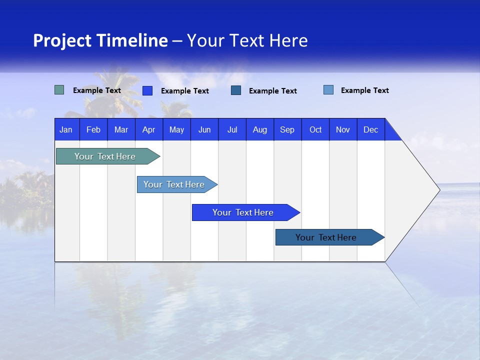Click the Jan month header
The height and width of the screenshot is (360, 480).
click(66, 129)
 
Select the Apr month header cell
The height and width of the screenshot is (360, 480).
click(148, 129)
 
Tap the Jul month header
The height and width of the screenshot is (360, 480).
click(232, 129)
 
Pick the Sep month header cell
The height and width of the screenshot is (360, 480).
click(287, 129)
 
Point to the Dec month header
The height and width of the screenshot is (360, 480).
click(370, 129)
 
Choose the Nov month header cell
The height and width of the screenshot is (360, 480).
click(343, 129)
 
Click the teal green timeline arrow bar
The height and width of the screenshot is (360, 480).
click(105, 156)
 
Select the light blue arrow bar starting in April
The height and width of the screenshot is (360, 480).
click(174, 184)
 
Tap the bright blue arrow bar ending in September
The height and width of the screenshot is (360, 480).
click(243, 212)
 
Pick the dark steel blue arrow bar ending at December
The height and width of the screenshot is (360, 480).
click(326, 237)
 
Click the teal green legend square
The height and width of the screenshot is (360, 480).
click(59, 90)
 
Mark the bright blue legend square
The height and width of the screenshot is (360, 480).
click(147, 90)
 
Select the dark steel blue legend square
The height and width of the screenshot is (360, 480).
click(236, 90)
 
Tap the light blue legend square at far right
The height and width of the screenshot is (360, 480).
click(328, 90)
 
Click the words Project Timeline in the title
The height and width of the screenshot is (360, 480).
click(100, 40)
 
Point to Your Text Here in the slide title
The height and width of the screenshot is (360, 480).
click(247, 40)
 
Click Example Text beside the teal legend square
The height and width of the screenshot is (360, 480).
click(97, 90)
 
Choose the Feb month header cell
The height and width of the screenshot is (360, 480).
click(93, 129)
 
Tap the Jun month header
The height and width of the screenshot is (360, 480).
click(204, 129)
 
